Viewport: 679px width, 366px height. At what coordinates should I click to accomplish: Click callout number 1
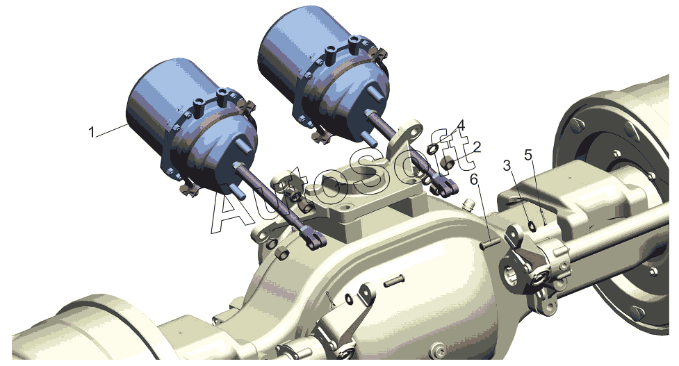coord(91,131)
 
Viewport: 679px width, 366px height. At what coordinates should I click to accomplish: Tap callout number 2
coord(477,147)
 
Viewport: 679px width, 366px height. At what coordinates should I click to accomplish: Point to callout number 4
coord(461,126)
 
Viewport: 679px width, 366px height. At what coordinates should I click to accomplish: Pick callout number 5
coord(528,154)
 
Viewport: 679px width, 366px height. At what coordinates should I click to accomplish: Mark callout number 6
coord(475,178)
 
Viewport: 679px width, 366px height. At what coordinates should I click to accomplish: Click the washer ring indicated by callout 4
coord(432,149)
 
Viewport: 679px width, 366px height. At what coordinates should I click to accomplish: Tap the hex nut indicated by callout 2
coord(448,164)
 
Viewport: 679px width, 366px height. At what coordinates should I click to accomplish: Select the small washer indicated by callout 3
coord(532,226)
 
